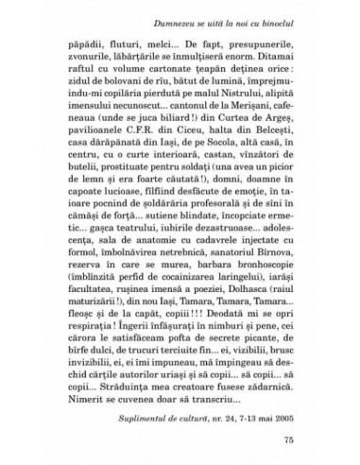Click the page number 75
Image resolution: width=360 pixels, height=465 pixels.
pyautogui.click(x=301, y=439)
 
